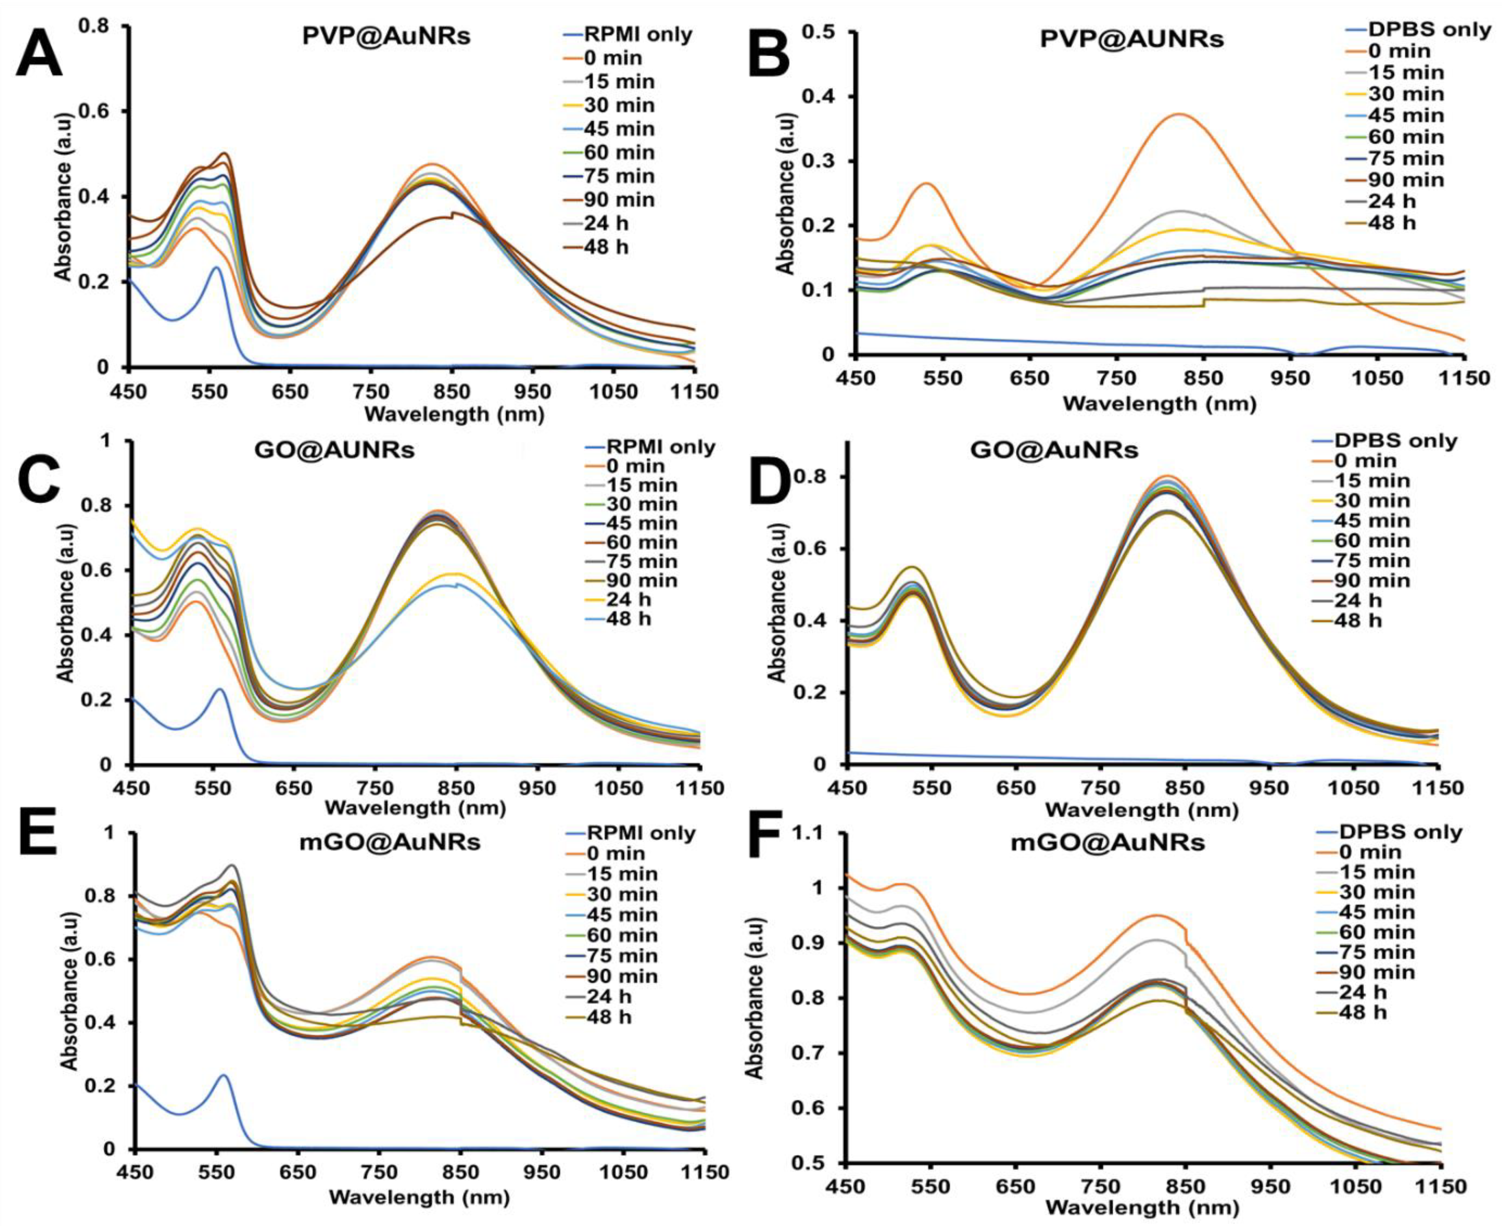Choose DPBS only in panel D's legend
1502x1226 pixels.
coord(1395,441)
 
